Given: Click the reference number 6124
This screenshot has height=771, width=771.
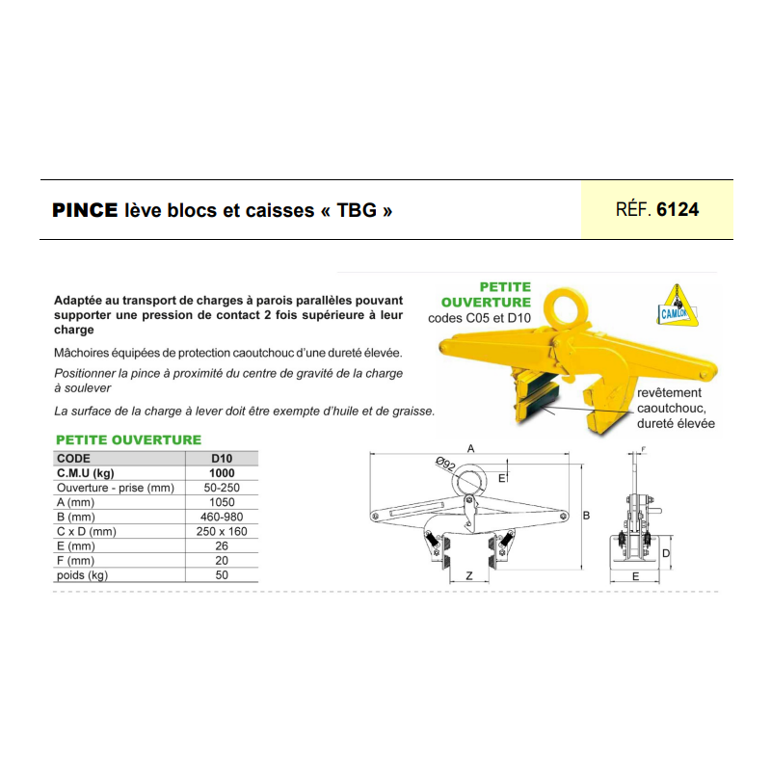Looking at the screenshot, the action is (678, 209).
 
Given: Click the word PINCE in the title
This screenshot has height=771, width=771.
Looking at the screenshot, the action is (85, 210).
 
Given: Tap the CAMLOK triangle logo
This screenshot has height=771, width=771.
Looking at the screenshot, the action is (678, 305).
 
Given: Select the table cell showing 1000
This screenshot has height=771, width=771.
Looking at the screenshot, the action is (222, 473).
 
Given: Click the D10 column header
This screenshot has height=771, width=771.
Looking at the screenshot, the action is (222, 459).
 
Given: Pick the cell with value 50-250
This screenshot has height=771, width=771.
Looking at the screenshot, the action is (222, 488).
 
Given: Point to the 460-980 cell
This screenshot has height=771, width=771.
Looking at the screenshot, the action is (222, 517).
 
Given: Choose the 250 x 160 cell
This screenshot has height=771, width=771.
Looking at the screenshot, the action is (222, 532).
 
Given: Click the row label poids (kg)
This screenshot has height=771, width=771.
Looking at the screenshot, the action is (82, 575).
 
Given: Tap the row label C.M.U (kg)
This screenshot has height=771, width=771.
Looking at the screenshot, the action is (86, 473).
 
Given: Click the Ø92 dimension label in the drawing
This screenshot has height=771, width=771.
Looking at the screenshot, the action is (445, 464).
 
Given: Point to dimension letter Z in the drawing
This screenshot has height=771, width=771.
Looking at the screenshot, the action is (469, 575).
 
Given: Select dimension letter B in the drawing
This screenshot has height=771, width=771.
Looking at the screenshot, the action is (586, 516).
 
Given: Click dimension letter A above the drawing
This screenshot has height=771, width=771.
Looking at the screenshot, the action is (470, 448).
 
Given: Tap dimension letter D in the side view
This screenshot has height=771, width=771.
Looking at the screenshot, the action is (666, 553).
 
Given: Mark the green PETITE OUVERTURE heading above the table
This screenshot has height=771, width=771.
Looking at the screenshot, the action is (129, 439).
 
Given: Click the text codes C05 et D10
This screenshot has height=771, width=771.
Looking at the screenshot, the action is (479, 318).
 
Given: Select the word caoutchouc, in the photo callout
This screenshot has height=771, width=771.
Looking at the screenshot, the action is (672, 408).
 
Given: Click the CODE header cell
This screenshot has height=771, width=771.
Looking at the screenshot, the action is (74, 459).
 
